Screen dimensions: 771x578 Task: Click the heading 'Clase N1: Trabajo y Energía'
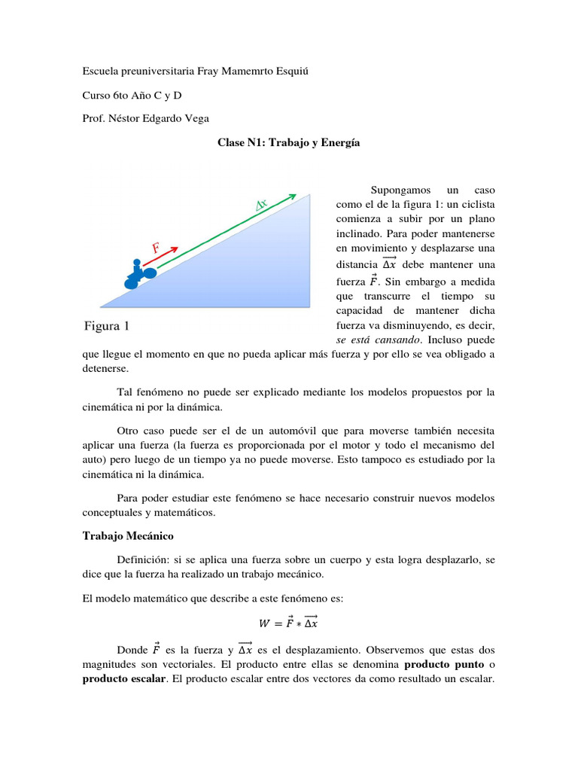coord(288,142)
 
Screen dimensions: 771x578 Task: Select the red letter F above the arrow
coord(157,247)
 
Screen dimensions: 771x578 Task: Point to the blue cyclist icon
coord(138,275)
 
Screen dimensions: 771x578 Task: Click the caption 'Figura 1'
coord(106,326)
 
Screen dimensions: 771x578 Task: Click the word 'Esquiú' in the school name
coord(293,71)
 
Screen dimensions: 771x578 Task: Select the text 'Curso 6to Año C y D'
coord(132,94)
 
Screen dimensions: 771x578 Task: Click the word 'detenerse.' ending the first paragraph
coord(105,369)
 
